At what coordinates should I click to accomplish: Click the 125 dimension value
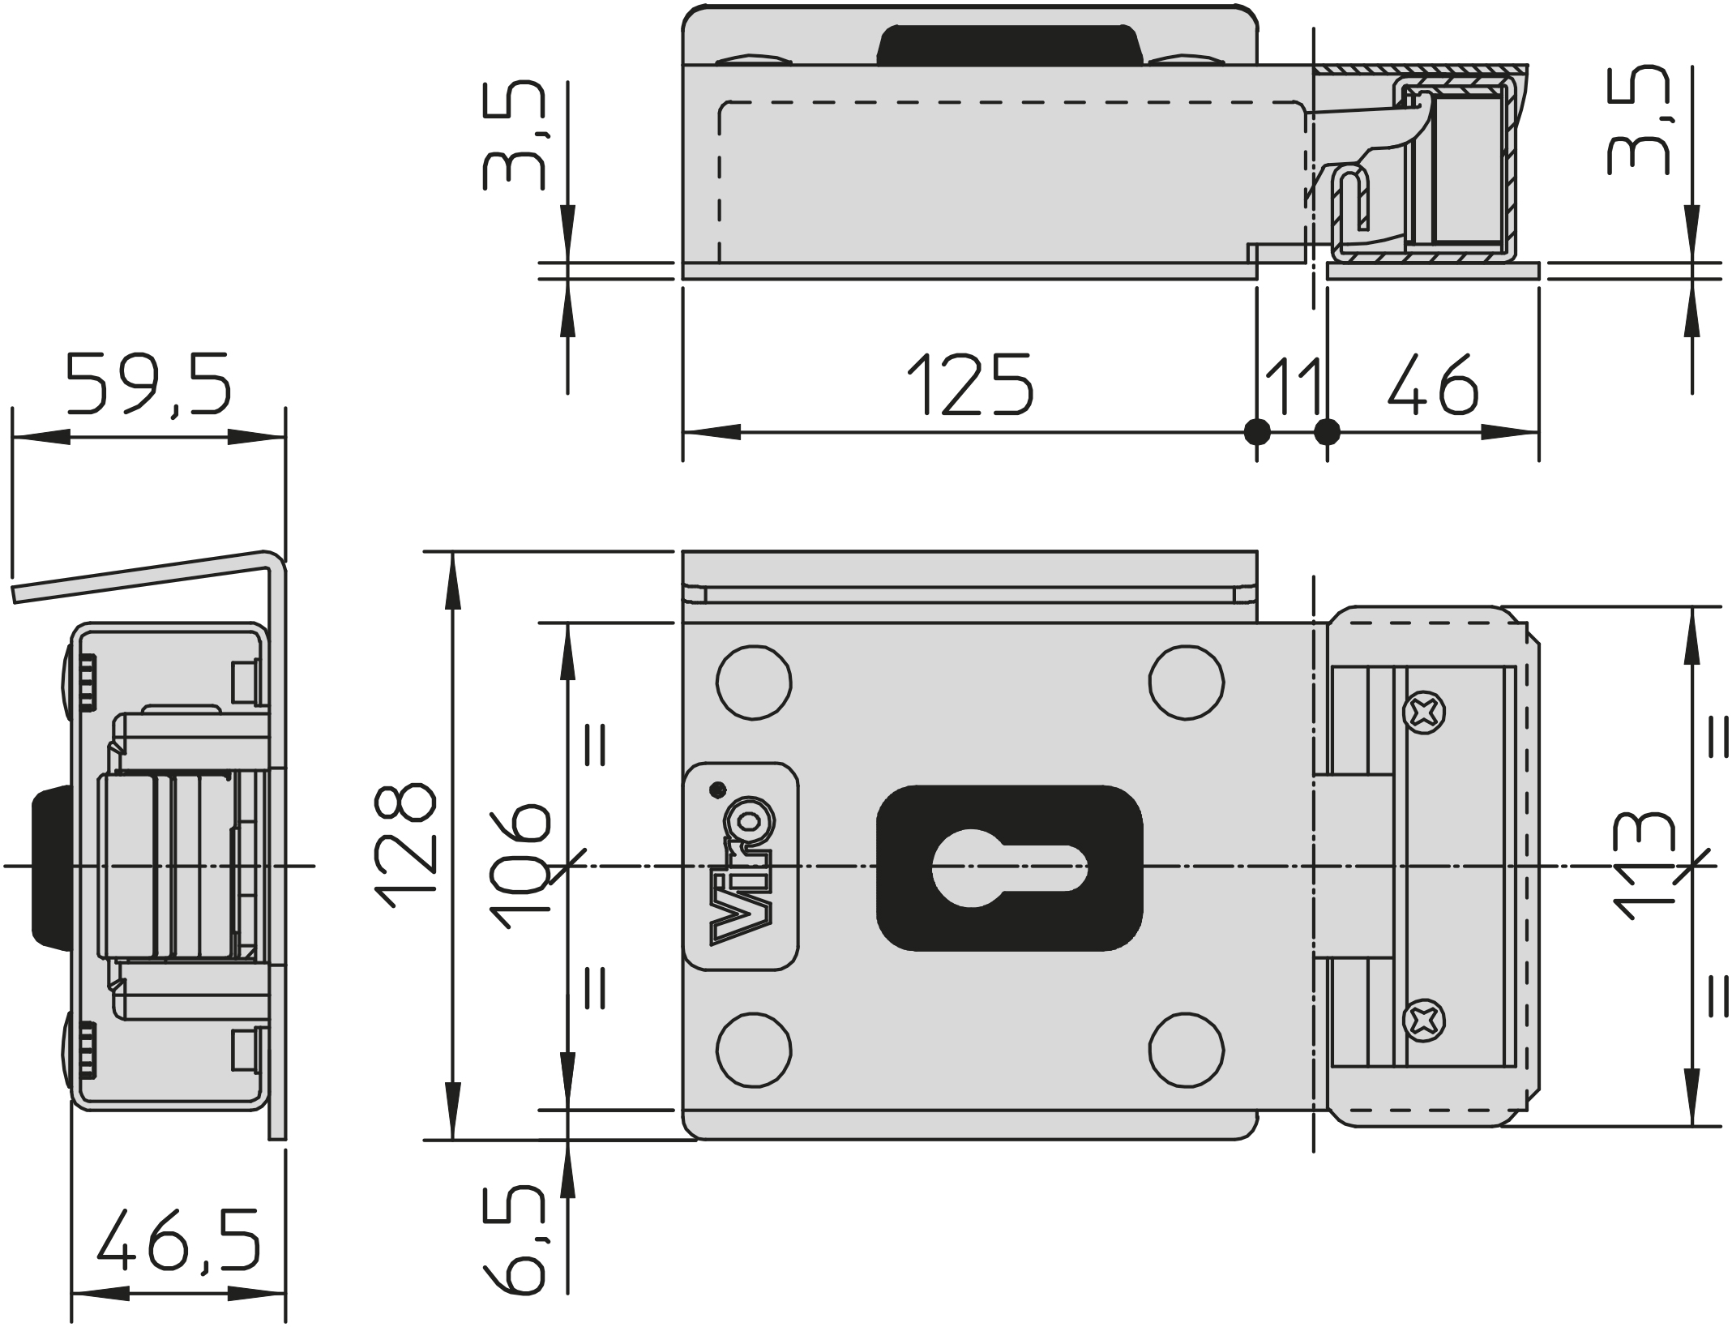[970, 384]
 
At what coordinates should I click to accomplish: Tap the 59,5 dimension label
[149, 383]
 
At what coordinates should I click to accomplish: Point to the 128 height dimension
[406, 845]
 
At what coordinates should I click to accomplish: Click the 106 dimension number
[520, 865]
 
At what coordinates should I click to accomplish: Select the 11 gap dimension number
[1292, 385]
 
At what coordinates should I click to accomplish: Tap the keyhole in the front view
[1010, 867]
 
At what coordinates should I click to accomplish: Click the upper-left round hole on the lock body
[754, 683]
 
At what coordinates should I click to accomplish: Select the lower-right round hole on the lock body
[1187, 1051]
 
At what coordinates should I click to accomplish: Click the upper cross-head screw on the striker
[1424, 713]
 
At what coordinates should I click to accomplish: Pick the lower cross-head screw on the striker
[1424, 1021]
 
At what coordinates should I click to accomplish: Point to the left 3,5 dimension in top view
[514, 135]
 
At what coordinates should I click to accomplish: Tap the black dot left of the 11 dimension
[1257, 432]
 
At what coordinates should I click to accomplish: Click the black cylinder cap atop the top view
[1010, 45]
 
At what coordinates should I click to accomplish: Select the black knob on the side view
[50, 866]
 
